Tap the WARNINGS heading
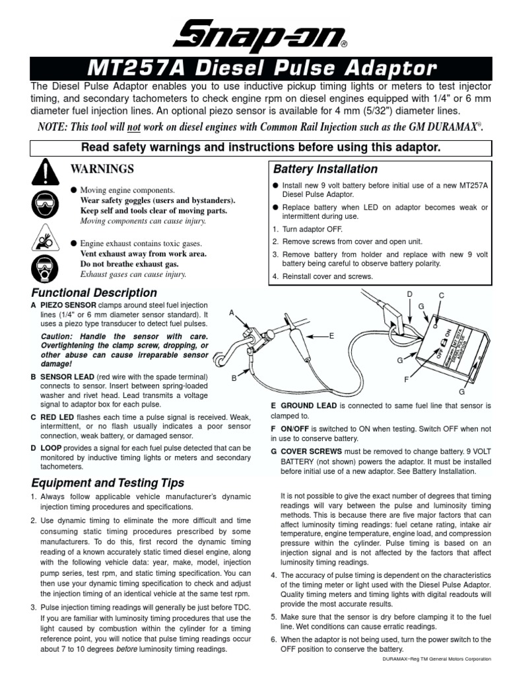[x=108, y=169]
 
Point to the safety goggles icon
[x=44, y=206]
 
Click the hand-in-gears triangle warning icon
[x=44, y=237]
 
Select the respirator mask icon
[x=44, y=268]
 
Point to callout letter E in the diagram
[x=331, y=336]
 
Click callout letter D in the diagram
[x=409, y=294]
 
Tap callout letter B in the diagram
[x=234, y=378]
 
